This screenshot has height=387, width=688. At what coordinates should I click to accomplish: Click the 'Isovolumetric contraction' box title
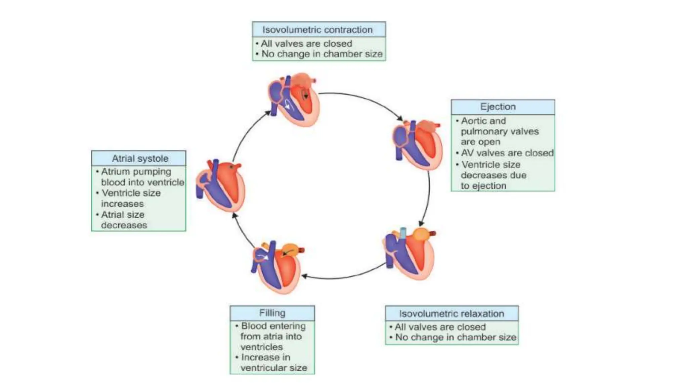317,30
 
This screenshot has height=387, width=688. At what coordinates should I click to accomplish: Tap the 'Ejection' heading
498,107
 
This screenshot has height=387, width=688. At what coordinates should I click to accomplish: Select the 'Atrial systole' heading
140,158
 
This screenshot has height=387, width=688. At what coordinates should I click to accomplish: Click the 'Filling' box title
272,313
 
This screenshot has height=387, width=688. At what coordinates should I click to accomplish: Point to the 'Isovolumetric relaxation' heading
451,313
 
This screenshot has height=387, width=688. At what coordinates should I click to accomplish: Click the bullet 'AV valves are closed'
507,153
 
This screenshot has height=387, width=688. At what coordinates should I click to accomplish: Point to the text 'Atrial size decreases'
124,220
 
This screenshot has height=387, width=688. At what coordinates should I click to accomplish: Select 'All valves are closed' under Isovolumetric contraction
306,44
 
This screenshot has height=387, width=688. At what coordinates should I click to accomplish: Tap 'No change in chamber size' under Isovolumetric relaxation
455,337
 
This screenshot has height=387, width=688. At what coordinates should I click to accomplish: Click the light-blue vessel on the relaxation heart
402,233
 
